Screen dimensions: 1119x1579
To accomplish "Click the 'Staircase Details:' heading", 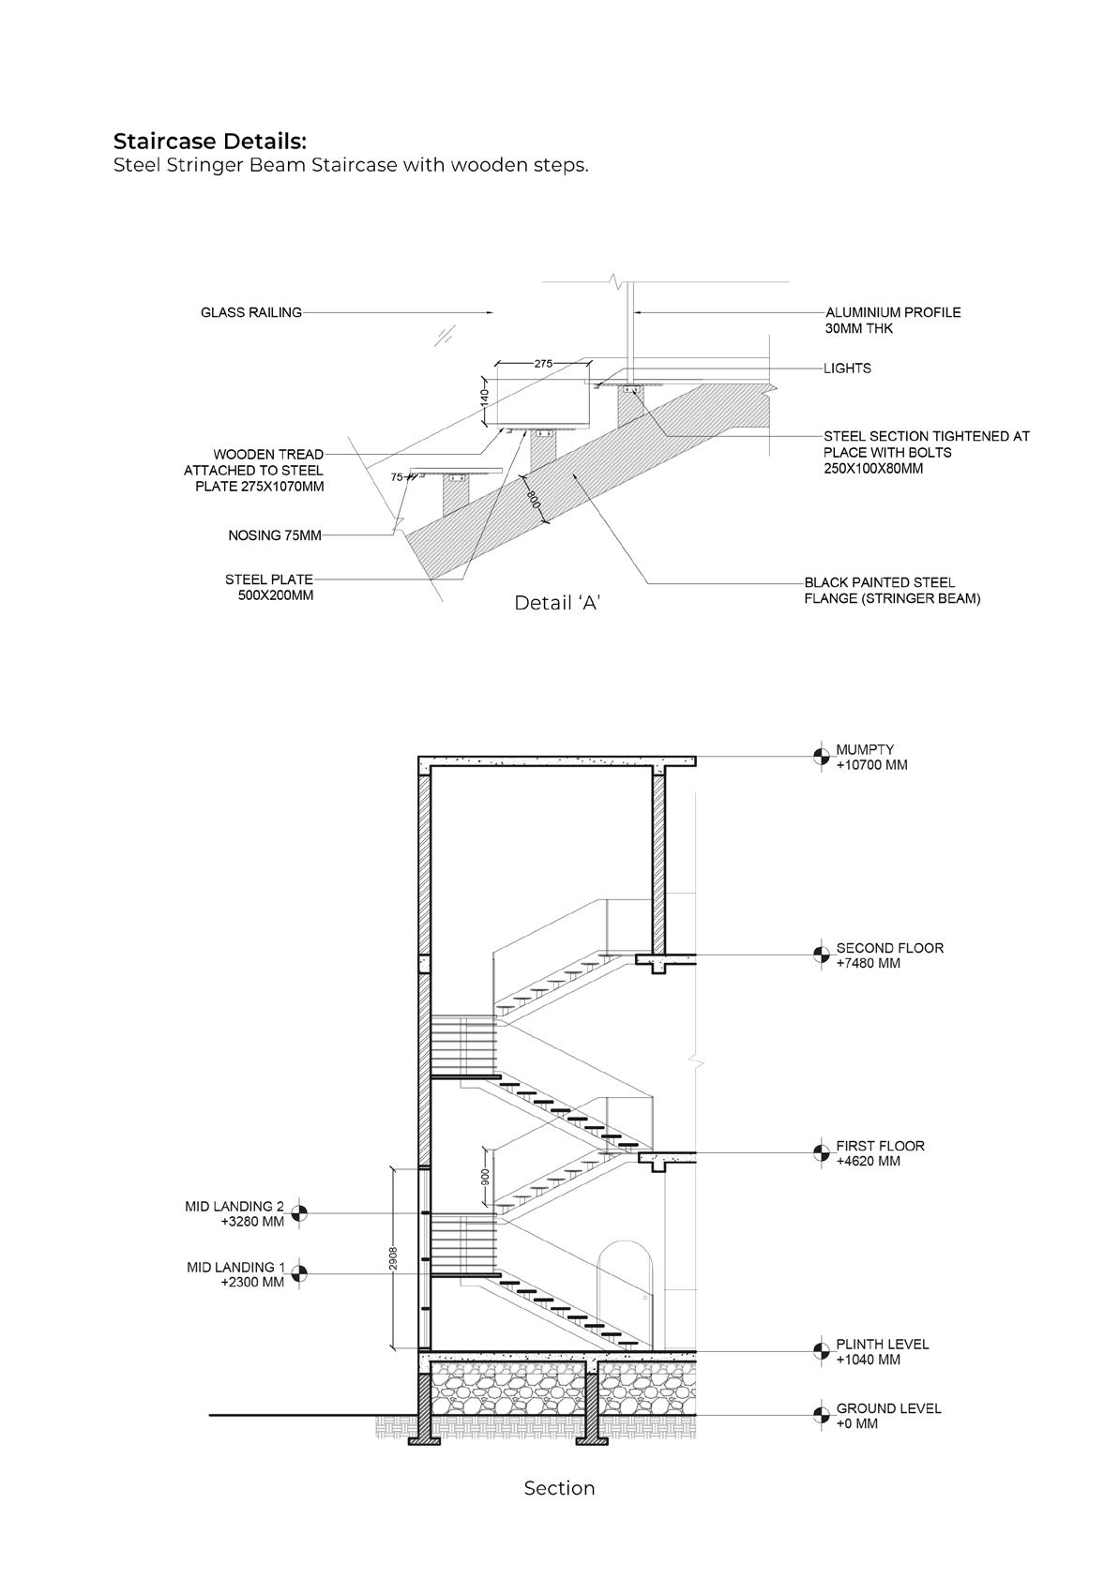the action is tap(210, 142).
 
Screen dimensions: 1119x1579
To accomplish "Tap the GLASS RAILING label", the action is tap(251, 312).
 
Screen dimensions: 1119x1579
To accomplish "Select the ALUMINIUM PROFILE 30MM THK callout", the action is tap(892, 321).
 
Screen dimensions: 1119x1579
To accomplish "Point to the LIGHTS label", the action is tap(847, 368).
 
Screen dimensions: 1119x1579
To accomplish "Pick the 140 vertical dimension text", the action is tap(485, 397).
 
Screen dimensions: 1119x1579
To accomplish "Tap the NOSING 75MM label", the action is tap(275, 535).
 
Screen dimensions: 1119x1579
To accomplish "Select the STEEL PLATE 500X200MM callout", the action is tap(270, 587).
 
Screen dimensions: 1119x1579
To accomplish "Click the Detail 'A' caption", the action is tap(557, 603).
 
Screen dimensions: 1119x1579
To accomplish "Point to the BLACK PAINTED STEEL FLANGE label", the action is tap(891, 591).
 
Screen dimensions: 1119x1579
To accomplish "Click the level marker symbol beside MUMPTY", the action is tap(821, 757).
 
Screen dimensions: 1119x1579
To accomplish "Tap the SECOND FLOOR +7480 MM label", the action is tap(889, 955).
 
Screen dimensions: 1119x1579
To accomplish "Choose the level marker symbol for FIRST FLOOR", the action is tap(821, 1152).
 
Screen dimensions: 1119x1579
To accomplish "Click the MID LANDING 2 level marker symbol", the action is tap(300, 1213).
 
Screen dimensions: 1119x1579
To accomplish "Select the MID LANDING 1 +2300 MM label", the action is tap(235, 1274).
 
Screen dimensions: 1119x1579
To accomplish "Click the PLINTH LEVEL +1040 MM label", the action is tap(882, 1351).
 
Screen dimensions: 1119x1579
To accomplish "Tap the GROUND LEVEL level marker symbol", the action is tap(821, 1415).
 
